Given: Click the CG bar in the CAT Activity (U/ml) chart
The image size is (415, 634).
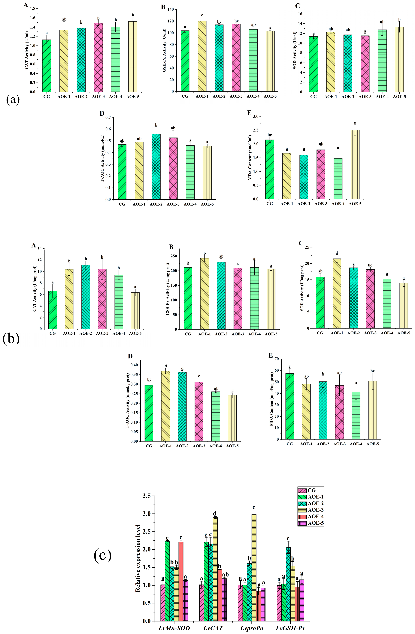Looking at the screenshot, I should pyautogui.click(x=47, y=66).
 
